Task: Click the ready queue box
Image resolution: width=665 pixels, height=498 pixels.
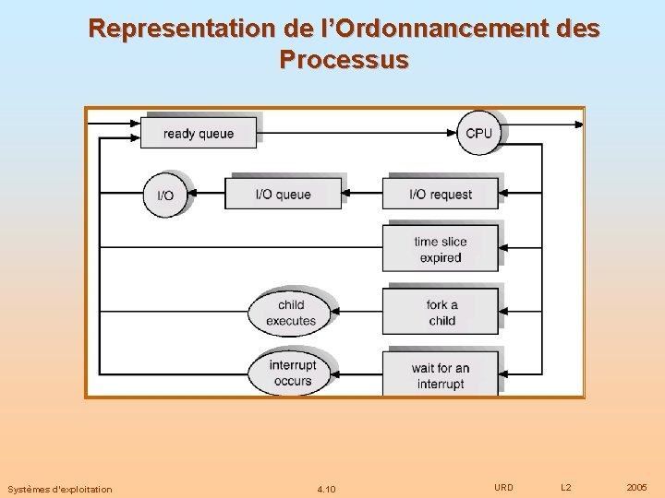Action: (198, 133)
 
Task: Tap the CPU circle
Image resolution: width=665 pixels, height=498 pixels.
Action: (478, 133)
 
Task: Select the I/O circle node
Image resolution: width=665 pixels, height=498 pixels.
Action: (165, 195)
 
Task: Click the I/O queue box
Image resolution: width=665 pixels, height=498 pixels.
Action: (283, 194)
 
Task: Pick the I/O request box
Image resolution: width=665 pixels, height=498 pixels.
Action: (441, 194)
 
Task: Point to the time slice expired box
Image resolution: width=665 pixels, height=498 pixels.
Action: (441, 249)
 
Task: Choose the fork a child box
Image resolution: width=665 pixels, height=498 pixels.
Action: (441, 313)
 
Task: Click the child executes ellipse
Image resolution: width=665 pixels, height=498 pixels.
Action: (290, 313)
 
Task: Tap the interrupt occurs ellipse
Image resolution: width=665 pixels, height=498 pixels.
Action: (292, 373)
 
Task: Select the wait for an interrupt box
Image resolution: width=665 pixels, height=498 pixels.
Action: (441, 374)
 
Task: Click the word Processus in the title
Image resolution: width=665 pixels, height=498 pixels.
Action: (343, 61)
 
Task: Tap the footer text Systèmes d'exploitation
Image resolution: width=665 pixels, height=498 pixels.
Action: (59, 489)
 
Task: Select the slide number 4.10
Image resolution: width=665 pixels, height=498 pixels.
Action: (326, 489)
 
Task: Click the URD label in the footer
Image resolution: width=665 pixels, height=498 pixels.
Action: (503, 487)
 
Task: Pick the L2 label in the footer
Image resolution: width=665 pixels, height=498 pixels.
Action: (566, 487)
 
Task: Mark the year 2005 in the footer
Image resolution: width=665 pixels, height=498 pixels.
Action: (636, 487)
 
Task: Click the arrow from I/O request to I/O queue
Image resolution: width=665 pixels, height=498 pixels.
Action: (362, 194)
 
